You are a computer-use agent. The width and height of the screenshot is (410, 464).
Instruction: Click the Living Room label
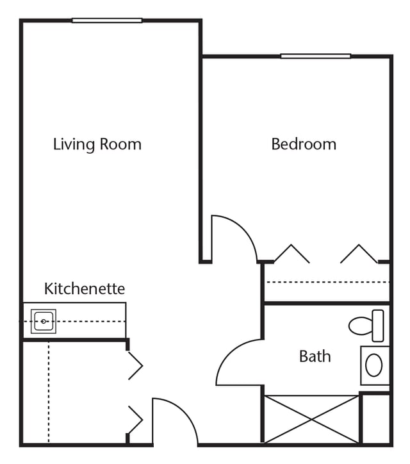click(x=97, y=144)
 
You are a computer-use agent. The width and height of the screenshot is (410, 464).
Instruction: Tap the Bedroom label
click(x=304, y=144)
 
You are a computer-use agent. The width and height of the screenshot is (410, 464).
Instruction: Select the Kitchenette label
click(x=85, y=288)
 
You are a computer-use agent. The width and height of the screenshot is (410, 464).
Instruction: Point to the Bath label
click(x=315, y=356)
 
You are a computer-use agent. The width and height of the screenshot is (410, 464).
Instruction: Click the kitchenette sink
click(x=44, y=321)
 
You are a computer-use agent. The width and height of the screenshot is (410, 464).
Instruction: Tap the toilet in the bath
click(x=366, y=326)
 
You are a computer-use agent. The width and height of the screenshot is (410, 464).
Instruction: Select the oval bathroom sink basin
click(x=374, y=365)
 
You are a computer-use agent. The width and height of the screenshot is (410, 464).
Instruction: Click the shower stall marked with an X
click(x=311, y=419)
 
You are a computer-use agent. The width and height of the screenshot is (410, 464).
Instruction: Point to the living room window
click(x=107, y=21)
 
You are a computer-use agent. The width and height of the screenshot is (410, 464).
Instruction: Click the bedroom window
click(x=316, y=56)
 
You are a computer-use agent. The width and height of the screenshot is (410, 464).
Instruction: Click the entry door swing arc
click(x=185, y=412)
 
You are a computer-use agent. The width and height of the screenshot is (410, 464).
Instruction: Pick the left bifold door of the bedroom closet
click(x=292, y=254)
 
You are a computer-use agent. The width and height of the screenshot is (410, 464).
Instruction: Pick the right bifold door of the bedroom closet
click(x=359, y=254)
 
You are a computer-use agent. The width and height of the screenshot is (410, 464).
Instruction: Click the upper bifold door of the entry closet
click(x=136, y=366)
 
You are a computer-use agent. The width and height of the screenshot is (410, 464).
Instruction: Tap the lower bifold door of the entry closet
click(x=136, y=420)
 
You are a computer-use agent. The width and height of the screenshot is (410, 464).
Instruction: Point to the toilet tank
click(x=378, y=326)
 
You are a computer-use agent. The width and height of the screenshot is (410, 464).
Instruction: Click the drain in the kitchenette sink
click(x=44, y=321)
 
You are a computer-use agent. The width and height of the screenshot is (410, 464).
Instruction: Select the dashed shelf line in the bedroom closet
click(x=328, y=282)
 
